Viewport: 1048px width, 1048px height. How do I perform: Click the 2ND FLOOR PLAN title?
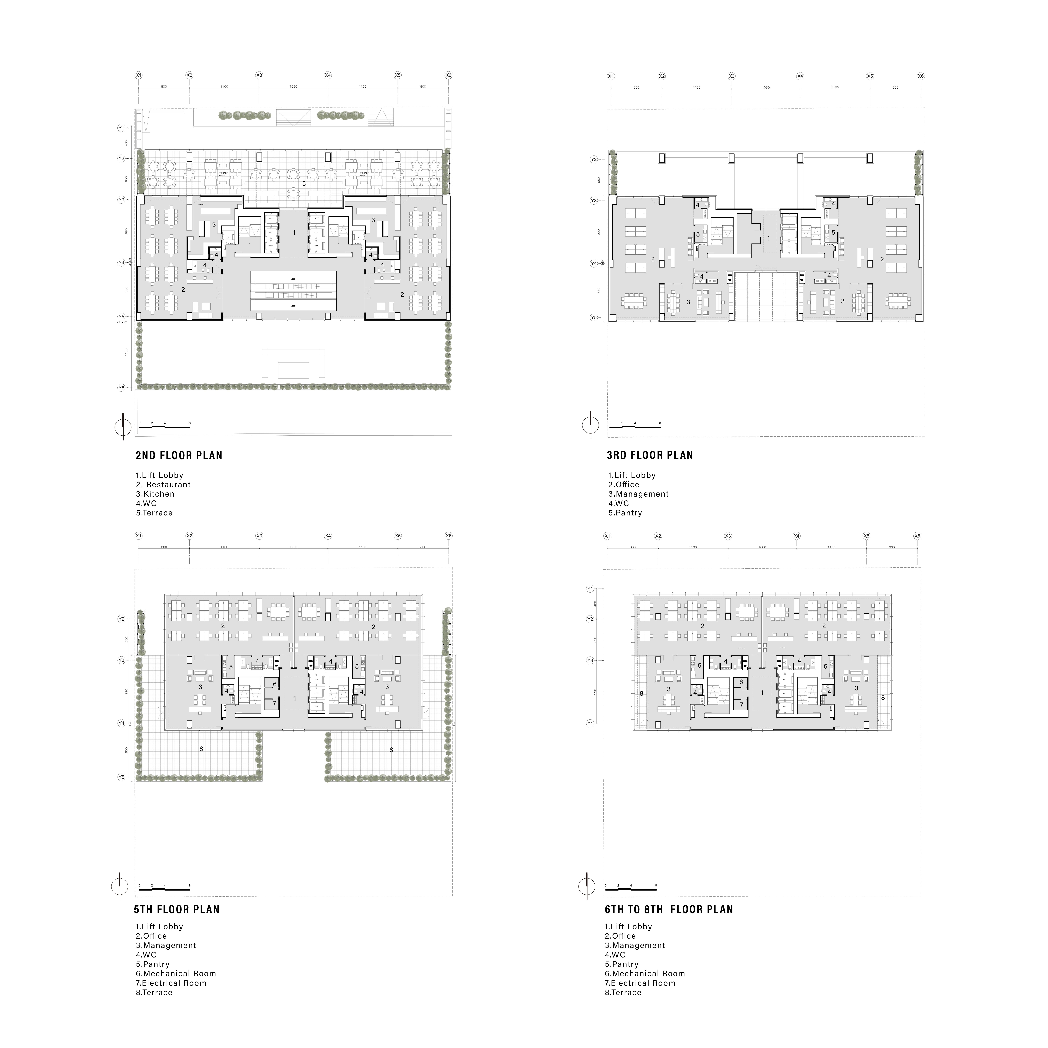[179, 456]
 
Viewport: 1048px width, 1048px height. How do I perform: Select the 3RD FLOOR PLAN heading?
[650, 456]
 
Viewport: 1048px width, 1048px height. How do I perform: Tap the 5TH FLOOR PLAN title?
[177, 910]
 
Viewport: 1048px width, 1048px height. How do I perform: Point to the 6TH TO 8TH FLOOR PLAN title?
[669, 910]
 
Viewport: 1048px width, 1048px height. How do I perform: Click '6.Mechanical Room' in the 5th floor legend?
[176, 974]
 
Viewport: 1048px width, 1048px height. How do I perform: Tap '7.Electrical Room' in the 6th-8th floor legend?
[640, 983]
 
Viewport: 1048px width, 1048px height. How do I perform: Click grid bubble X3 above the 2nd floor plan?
[259, 75]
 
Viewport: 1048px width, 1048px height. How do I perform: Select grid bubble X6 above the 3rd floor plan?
[921, 76]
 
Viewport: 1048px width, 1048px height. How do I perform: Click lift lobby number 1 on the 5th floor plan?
[295, 699]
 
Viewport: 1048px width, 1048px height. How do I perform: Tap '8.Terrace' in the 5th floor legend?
[154, 993]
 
